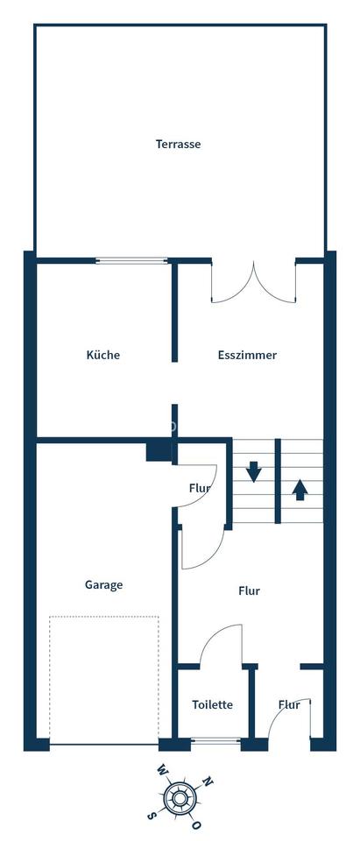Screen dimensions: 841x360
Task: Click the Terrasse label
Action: (x=178, y=144)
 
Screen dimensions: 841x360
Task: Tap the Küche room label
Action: (x=102, y=355)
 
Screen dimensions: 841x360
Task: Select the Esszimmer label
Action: (x=247, y=355)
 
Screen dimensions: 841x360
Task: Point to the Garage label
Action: (x=103, y=584)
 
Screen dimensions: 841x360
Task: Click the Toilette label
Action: (x=212, y=704)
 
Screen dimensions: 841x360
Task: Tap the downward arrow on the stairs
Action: (x=254, y=471)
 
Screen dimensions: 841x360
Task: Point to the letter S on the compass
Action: (x=152, y=815)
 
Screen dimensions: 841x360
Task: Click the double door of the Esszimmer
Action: (x=254, y=282)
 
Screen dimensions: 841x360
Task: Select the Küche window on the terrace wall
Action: (x=131, y=260)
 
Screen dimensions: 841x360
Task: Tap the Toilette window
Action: (x=215, y=742)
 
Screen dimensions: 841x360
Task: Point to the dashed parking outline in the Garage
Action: (x=104, y=679)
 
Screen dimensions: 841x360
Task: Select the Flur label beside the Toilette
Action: (x=289, y=704)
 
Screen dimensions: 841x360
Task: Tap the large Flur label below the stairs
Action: (x=249, y=590)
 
